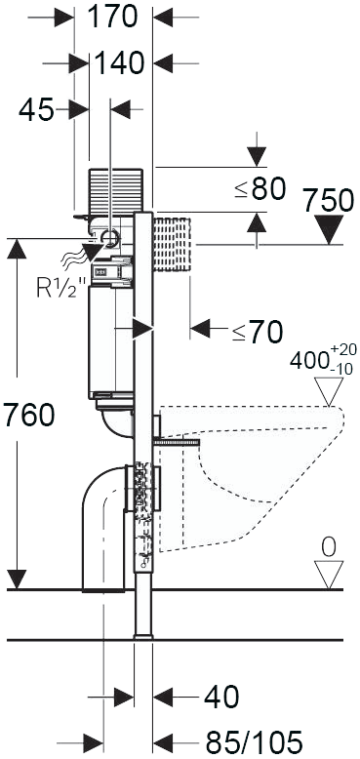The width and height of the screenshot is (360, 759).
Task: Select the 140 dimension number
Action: coord(120,63)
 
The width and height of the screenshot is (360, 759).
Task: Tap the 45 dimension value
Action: coord(36,110)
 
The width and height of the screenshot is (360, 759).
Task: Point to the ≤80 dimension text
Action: coord(260,189)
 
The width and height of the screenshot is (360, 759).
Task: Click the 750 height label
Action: coord(329,200)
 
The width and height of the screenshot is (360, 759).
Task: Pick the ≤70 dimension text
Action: coord(258,333)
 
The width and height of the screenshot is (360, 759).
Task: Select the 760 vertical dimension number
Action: coord(28,416)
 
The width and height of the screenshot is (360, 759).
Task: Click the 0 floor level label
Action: coord(329,547)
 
